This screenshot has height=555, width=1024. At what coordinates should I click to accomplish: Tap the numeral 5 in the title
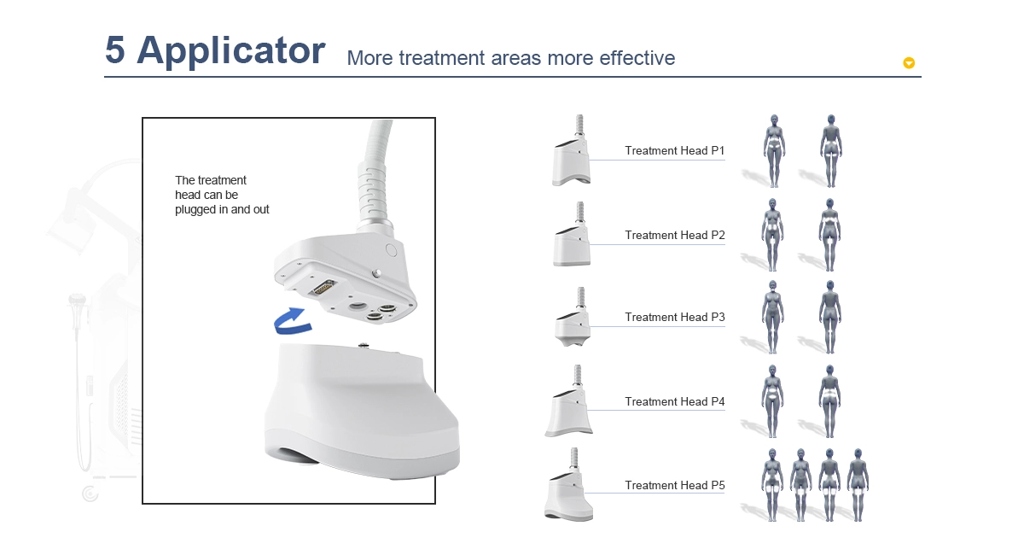pyautogui.click(x=114, y=50)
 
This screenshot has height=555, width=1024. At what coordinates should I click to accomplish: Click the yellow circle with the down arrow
pyautogui.click(x=909, y=62)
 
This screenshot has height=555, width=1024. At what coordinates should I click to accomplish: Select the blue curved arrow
pyautogui.click(x=294, y=321)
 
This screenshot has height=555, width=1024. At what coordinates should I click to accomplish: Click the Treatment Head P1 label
pyautogui.click(x=675, y=150)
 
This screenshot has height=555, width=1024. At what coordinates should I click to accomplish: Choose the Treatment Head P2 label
pyautogui.click(x=675, y=235)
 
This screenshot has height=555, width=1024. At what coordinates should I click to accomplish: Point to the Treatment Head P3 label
pyautogui.click(x=675, y=317)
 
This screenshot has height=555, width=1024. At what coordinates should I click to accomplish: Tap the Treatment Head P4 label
pyautogui.click(x=675, y=401)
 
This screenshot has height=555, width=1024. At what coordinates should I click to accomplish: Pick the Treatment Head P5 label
pyautogui.click(x=675, y=485)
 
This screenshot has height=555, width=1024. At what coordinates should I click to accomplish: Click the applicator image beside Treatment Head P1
pyautogui.click(x=572, y=150)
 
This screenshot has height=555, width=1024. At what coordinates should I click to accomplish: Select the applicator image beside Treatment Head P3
pyautogui.click(x=573, y=317)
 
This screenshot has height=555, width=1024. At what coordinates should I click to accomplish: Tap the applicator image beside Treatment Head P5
pyautogui.click(x=568, y=484)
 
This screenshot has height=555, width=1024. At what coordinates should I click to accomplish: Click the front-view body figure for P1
pyautogui.click(x=774, y=151)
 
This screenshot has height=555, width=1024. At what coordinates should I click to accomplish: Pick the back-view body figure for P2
pyautogui.click(x=829, y=235)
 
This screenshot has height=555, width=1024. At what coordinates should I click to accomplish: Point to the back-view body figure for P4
pyautogui.click(x=829, y=401)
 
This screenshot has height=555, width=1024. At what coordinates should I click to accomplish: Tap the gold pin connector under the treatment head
pyautogui.click(x=322, y=287)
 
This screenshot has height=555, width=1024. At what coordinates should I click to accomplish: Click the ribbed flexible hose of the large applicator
pyautogui.click(x=374, y=192)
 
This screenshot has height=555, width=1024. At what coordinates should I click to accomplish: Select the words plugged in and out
pyautogui.click(x=222, y=209)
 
